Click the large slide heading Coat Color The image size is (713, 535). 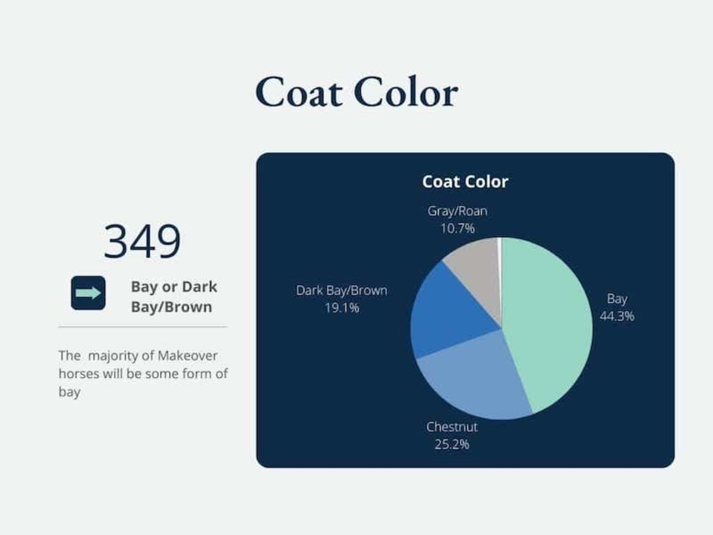tap(356, 92)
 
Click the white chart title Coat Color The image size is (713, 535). tap(465, 182)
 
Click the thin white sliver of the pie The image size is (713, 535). tap(500, 256)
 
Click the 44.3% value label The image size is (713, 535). tap(617, 316)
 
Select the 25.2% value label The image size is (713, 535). tap(452, 444)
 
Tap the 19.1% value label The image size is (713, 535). tap(342, 308)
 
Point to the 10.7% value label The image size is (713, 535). tap(457, 228)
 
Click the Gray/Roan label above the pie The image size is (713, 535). tap(457, 211)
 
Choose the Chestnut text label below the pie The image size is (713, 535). tap(452, 427)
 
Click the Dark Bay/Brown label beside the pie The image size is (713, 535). tap(342, 291)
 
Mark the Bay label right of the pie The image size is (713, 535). tap(617, 299)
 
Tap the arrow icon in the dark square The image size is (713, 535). tap(88, 293)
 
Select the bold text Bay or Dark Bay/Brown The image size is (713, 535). tap(173, 297)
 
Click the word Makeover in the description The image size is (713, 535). tap(187, 356)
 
